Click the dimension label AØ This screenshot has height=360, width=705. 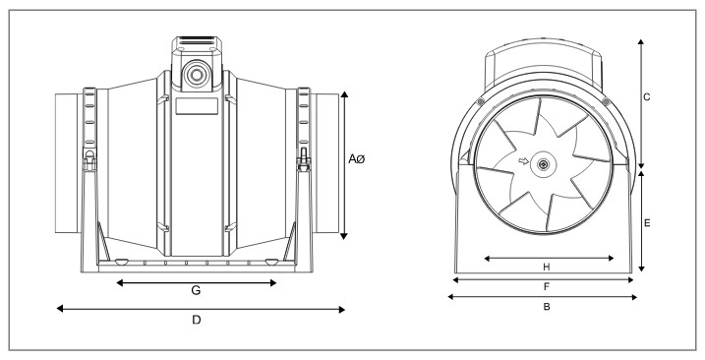coord(357,158)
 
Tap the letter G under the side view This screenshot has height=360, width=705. coord(196,291)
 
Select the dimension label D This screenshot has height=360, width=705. coord(197,320)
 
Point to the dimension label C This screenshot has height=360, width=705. coord(647,97)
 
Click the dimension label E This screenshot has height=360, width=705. coord(647,222)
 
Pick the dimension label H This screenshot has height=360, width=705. coord(547,268)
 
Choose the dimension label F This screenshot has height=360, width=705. coord(547,286)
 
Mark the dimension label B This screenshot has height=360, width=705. coord(547,307)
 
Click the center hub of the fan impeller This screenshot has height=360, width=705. coord(543,164)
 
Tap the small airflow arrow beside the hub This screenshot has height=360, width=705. coord(523,161)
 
